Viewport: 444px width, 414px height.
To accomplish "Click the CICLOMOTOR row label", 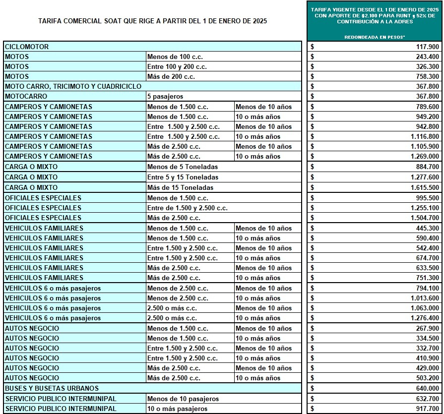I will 27,47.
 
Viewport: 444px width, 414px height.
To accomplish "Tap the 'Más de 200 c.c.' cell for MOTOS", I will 171,76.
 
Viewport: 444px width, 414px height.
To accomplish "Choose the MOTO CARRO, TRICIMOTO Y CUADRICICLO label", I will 73,86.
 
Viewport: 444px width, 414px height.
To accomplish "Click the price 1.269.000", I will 425,156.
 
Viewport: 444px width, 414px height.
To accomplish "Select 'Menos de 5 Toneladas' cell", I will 183,167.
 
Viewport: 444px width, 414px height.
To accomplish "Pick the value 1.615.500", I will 425,187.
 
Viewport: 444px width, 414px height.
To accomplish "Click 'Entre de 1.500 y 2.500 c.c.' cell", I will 188,208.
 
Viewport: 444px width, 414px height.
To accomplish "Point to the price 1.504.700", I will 425,218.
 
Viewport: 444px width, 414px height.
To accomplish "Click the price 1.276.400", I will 425,318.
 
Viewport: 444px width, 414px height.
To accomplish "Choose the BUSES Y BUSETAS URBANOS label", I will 52,388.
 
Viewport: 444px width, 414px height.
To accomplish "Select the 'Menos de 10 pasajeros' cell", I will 183,399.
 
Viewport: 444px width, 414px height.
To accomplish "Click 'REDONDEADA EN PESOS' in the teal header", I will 375,37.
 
